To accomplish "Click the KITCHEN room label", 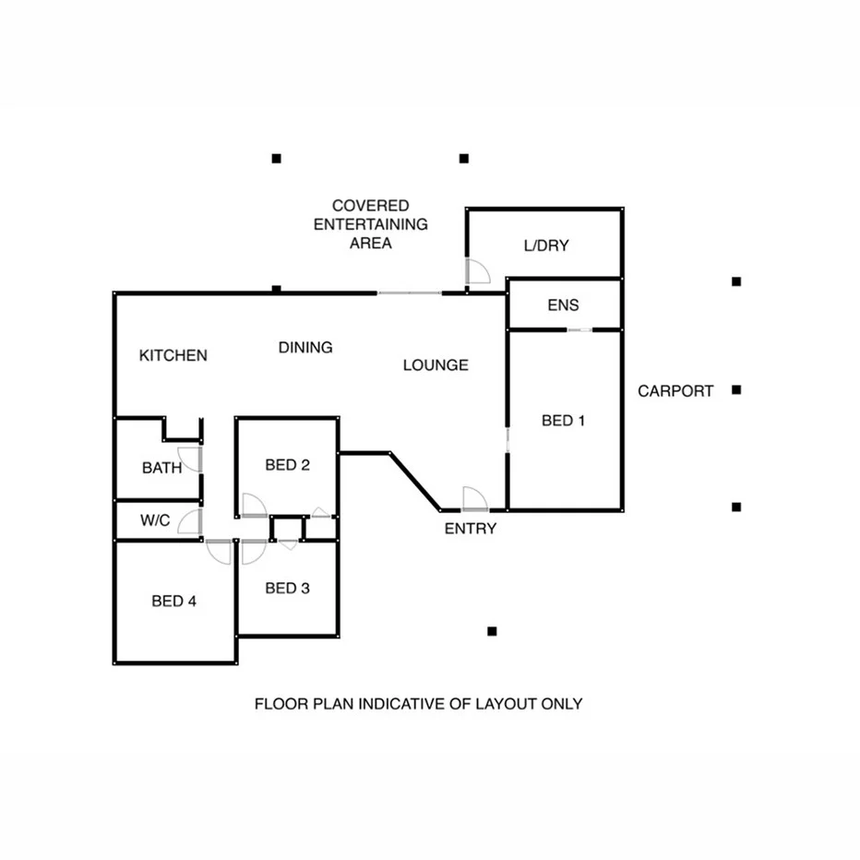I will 173,355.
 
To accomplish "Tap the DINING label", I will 305,348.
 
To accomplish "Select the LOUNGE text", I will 436,365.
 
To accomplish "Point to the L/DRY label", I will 546,246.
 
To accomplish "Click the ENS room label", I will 563,305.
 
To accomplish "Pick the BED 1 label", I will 564,421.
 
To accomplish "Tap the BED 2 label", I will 287,465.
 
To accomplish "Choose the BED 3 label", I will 287,588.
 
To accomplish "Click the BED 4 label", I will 174,602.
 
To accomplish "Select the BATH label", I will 161,468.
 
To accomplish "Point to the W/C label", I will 155,520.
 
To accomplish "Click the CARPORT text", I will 675,391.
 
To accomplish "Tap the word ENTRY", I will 471,529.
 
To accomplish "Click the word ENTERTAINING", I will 371,224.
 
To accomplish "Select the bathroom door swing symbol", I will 191,459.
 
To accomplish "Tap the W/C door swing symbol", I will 191,522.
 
